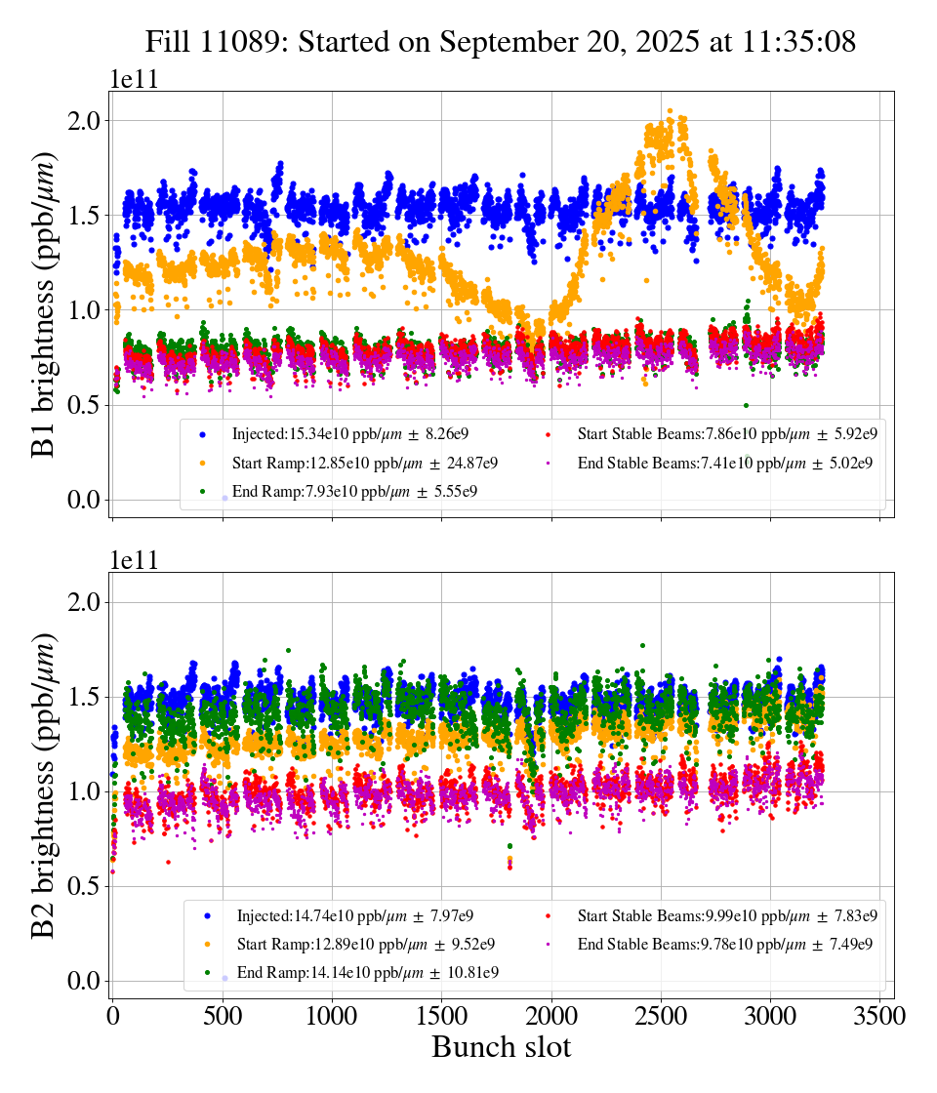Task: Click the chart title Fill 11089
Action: [x=501, y=42]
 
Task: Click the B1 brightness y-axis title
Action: [x=44, y=305]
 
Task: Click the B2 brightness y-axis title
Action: [x=44, y=787]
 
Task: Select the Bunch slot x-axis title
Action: [x=501, y=1047]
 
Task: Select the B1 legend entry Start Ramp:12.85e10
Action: [x=364, y=463]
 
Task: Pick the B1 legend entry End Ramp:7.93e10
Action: [x=354, y=491]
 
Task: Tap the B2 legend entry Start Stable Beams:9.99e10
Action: [x=727, y=915]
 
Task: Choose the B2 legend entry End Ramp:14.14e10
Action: [x=368, y=972]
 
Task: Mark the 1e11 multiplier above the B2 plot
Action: [x=133, y=561]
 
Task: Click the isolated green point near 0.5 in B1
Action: [x=746, y=405]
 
